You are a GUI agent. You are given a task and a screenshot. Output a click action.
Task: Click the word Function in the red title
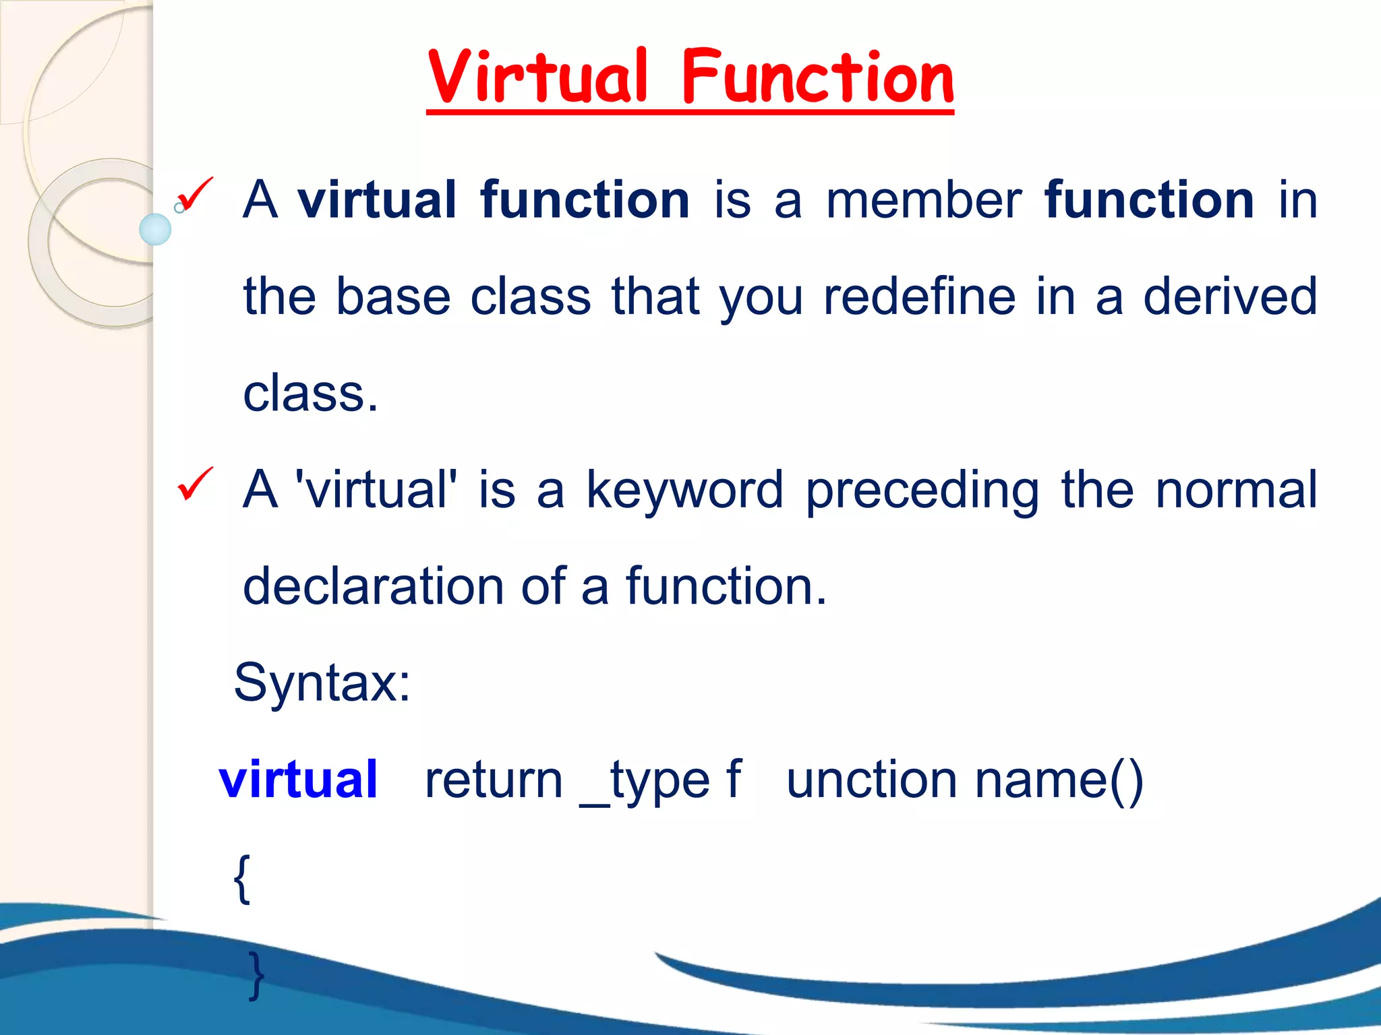(x=817, y=77)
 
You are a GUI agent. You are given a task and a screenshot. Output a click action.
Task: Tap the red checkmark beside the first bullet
(x=195, y=195)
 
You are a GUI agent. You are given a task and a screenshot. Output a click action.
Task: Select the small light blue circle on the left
(x=155, y=229)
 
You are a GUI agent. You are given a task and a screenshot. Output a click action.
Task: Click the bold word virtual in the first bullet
(x=377, y=200)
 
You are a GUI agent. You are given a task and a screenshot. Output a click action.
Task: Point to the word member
(x=923, y=200)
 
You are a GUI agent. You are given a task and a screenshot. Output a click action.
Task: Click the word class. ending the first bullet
(x=310, y=394)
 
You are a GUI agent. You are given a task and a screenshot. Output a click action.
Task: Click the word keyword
(x=684, y=490)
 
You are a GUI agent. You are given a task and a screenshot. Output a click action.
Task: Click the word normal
(x=1236, y=490)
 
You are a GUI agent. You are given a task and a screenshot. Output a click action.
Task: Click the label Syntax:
(x=322, y=683)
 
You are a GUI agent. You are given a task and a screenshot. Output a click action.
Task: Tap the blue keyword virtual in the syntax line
(x=298, y=780)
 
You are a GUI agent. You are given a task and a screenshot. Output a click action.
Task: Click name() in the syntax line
(x=1059, y=780)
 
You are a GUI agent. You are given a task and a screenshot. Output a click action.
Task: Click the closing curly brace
(x=256, y=975)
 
